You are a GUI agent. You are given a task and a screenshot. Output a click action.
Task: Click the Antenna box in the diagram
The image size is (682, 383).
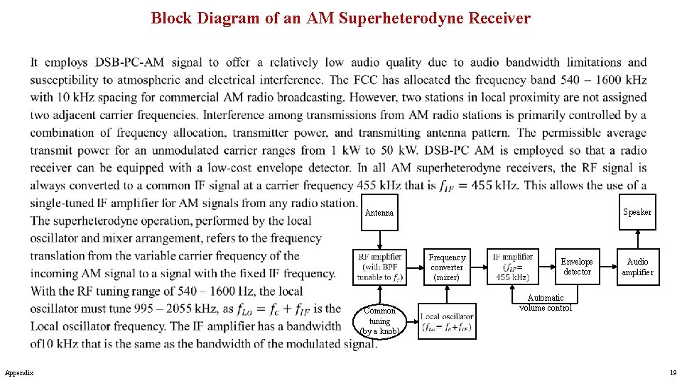point(379,213)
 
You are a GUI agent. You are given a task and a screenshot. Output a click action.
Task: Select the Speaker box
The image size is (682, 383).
point(637,212)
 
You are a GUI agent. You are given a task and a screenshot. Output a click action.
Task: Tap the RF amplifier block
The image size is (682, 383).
point(380,267)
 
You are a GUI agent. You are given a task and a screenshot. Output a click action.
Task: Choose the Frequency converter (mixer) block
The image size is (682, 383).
point(447,267)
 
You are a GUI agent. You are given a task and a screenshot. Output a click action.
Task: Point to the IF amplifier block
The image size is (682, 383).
point(512,267)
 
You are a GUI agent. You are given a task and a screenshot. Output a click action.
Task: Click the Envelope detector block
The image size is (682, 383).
point(576,267)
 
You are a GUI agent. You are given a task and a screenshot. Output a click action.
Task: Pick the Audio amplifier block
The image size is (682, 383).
point(637,267)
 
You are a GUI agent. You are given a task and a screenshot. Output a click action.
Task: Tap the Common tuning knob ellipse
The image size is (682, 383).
point(380,321)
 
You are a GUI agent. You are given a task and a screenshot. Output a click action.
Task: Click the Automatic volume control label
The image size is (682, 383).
point(546,303)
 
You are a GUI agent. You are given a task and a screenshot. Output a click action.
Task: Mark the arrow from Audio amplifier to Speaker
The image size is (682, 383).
point(637,239)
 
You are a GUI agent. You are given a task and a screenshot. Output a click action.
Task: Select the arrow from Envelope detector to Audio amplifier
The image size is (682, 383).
point(606,267)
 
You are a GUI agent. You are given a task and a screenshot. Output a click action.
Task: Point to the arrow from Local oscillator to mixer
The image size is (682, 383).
point(447,296)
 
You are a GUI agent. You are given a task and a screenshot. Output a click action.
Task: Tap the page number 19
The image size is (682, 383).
point(672,372)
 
